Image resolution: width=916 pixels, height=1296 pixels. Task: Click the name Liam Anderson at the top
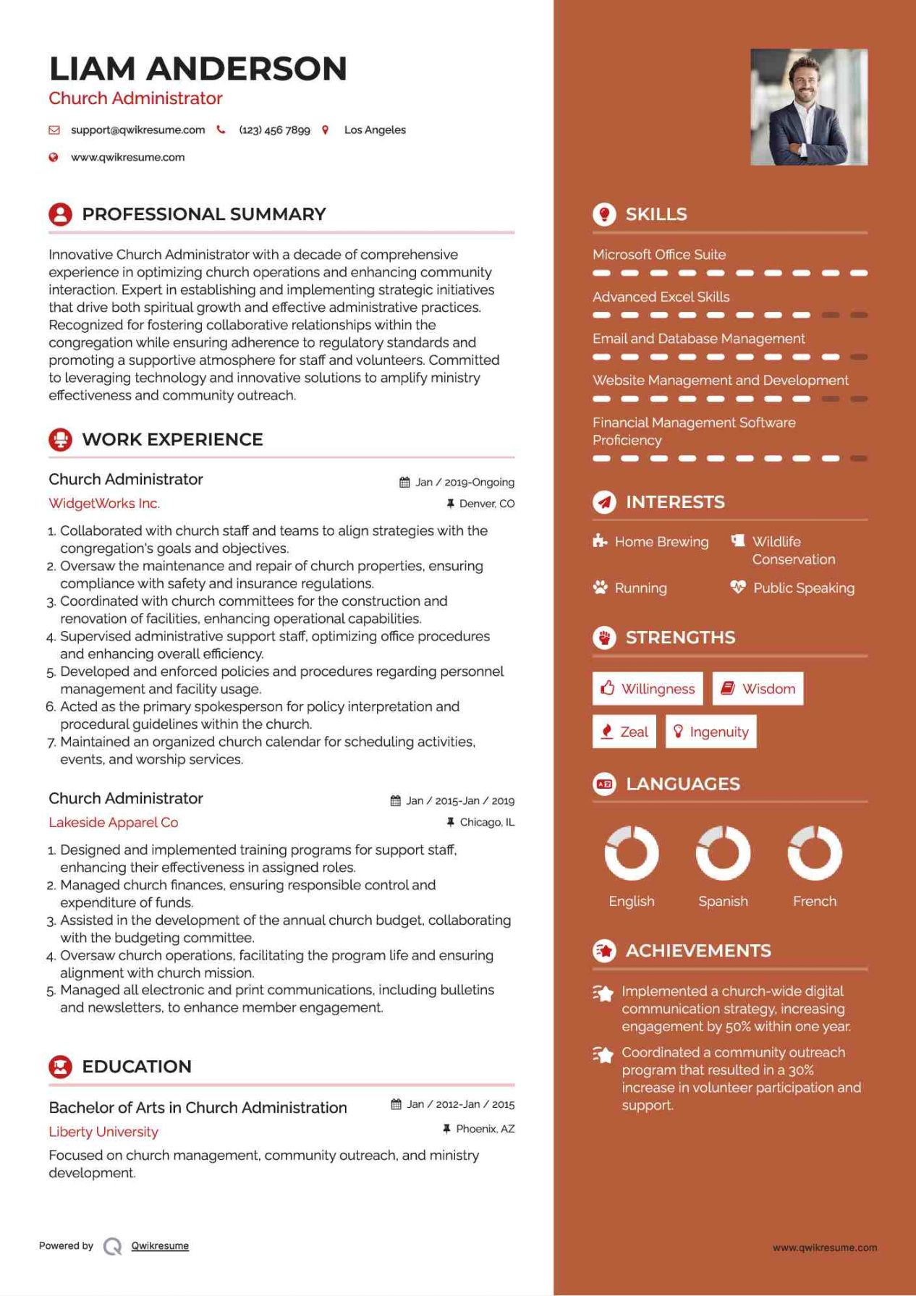198,69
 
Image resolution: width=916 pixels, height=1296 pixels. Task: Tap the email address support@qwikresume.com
137,130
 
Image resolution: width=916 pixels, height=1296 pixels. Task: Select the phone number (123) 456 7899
274,130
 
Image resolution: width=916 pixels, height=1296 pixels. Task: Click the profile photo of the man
808,107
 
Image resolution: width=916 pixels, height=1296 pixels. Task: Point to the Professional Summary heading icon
60,214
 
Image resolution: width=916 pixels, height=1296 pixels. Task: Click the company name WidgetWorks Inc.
104,504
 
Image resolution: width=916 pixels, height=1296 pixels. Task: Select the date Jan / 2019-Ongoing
465,483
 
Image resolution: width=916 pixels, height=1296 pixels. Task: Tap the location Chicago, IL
487,822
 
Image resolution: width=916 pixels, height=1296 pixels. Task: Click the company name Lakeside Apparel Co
114,823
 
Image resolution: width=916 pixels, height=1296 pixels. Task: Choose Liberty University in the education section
103,1132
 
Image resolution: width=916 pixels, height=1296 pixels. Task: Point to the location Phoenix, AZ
485,1129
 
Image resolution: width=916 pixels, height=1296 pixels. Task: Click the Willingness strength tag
648,689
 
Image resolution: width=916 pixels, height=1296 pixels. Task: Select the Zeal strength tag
624,732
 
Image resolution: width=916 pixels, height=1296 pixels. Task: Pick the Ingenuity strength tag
711,732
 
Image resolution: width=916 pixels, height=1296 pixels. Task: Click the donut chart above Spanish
723,853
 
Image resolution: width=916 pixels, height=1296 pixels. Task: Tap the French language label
814,902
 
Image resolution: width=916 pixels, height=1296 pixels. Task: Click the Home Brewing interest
661,542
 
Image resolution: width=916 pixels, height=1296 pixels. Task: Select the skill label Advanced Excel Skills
661,297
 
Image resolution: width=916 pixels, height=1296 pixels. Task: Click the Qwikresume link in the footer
160,1246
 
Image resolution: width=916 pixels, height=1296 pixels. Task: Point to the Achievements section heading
698,951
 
